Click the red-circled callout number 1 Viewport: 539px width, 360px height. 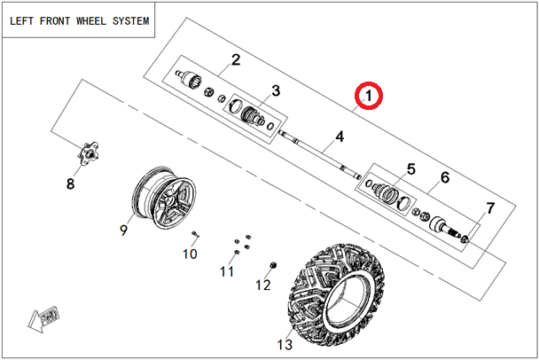[369, 96]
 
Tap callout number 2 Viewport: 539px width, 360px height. [236, 59]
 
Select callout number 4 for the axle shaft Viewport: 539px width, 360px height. [340, 137]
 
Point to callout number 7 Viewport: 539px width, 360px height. [490, 208]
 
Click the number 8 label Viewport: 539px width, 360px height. [70, 184]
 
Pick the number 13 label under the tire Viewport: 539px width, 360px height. [285, 344]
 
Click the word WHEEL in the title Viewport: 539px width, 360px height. [90, 21]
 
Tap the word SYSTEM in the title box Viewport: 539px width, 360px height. [131, 21]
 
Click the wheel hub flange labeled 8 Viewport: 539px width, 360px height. [88, 153]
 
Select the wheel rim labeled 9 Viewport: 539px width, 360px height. [164, 198]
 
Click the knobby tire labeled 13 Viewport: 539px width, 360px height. [335, 295]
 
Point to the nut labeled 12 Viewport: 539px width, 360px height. [273, 265]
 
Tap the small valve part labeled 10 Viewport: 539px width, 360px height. [195, 234]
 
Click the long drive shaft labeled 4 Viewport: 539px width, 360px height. [319, 154]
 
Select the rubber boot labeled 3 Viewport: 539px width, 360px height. [251, 114]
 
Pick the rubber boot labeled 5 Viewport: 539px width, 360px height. [386, 192]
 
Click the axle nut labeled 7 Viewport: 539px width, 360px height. [465, 239]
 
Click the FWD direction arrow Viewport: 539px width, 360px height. [43, 318]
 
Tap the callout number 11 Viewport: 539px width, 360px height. [227, 271]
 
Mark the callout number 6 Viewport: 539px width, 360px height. [445, 177]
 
